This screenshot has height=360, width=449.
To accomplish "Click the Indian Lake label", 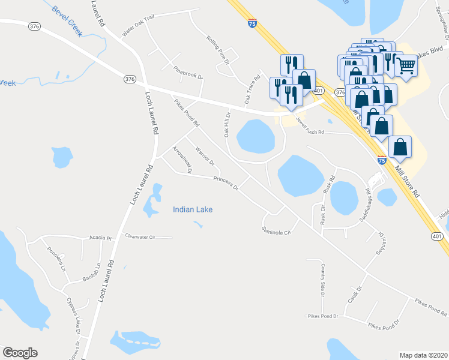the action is pyautogui.click(x=193, y=209).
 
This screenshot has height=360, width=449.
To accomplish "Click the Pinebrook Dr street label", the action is pyautogui.click(x=188, y=73).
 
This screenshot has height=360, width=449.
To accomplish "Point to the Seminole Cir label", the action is pyautogui.click(x=276, y=230).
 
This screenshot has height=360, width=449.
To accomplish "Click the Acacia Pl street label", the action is pyautogui.click(x=100, y=238).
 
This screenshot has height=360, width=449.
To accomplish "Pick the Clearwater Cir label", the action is pyautogui.click(x=139, y=237).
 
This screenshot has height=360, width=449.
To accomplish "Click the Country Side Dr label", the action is pyautogui.click(x=322, y=278).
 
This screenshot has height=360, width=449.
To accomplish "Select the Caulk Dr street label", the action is pyautogui.click(x=353, y=294).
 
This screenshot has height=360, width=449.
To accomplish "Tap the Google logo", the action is pyautogui.click(x=20, y=353).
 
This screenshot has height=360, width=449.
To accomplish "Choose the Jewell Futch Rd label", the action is pyautogui.click(x=308, y=127).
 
